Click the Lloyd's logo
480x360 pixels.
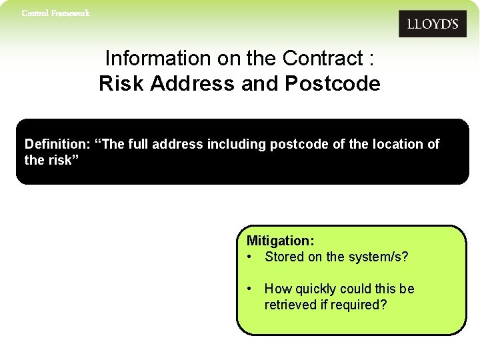pyautogui.click(x=432, y=24)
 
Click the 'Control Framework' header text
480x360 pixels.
pyautogui.click(x=55, y=13)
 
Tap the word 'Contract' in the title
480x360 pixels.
pyautogui.click(x=323, y=59)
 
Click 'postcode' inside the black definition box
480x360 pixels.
pyautogui.click(x=296, y=145)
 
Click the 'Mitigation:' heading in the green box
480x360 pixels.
pyautogui.click(x=281, y=241)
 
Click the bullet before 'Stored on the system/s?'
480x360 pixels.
pyautogui.click(x=249, y=257)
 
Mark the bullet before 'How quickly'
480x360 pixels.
pyautogui.click(x=249, y=289)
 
